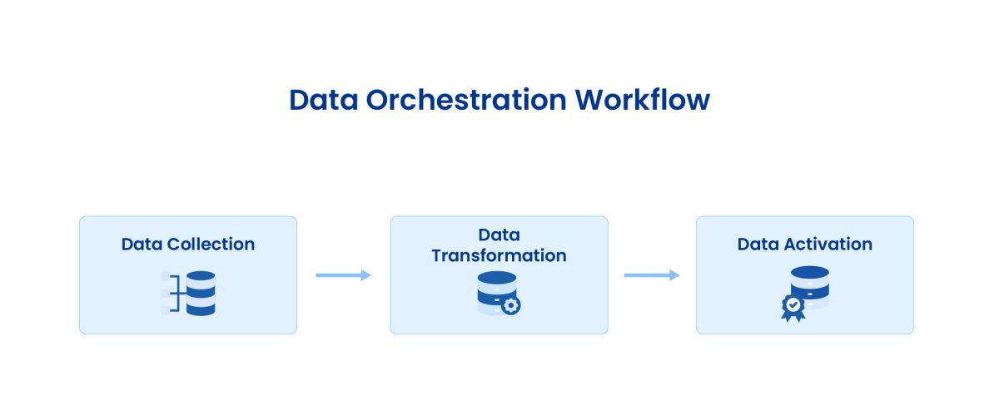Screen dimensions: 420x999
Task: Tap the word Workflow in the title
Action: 642,100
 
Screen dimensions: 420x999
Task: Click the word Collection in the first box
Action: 211,245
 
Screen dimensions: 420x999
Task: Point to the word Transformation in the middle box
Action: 499,255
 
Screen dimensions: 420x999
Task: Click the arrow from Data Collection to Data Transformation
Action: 342,275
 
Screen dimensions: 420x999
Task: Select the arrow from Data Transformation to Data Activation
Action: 651,275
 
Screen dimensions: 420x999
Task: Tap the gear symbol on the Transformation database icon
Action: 511,305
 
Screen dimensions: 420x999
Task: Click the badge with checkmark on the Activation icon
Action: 793,307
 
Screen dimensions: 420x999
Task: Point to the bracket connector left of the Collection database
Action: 172,293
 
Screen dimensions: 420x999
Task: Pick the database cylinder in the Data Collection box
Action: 201,293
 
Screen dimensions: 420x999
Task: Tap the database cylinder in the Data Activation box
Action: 810,288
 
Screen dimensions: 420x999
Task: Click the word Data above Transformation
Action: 499,235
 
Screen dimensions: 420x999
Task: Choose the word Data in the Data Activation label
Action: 758,245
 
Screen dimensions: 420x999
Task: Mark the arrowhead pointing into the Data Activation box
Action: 674,275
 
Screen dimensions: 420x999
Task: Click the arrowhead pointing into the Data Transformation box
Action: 366,275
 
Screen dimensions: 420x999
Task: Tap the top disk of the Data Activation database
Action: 810,273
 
